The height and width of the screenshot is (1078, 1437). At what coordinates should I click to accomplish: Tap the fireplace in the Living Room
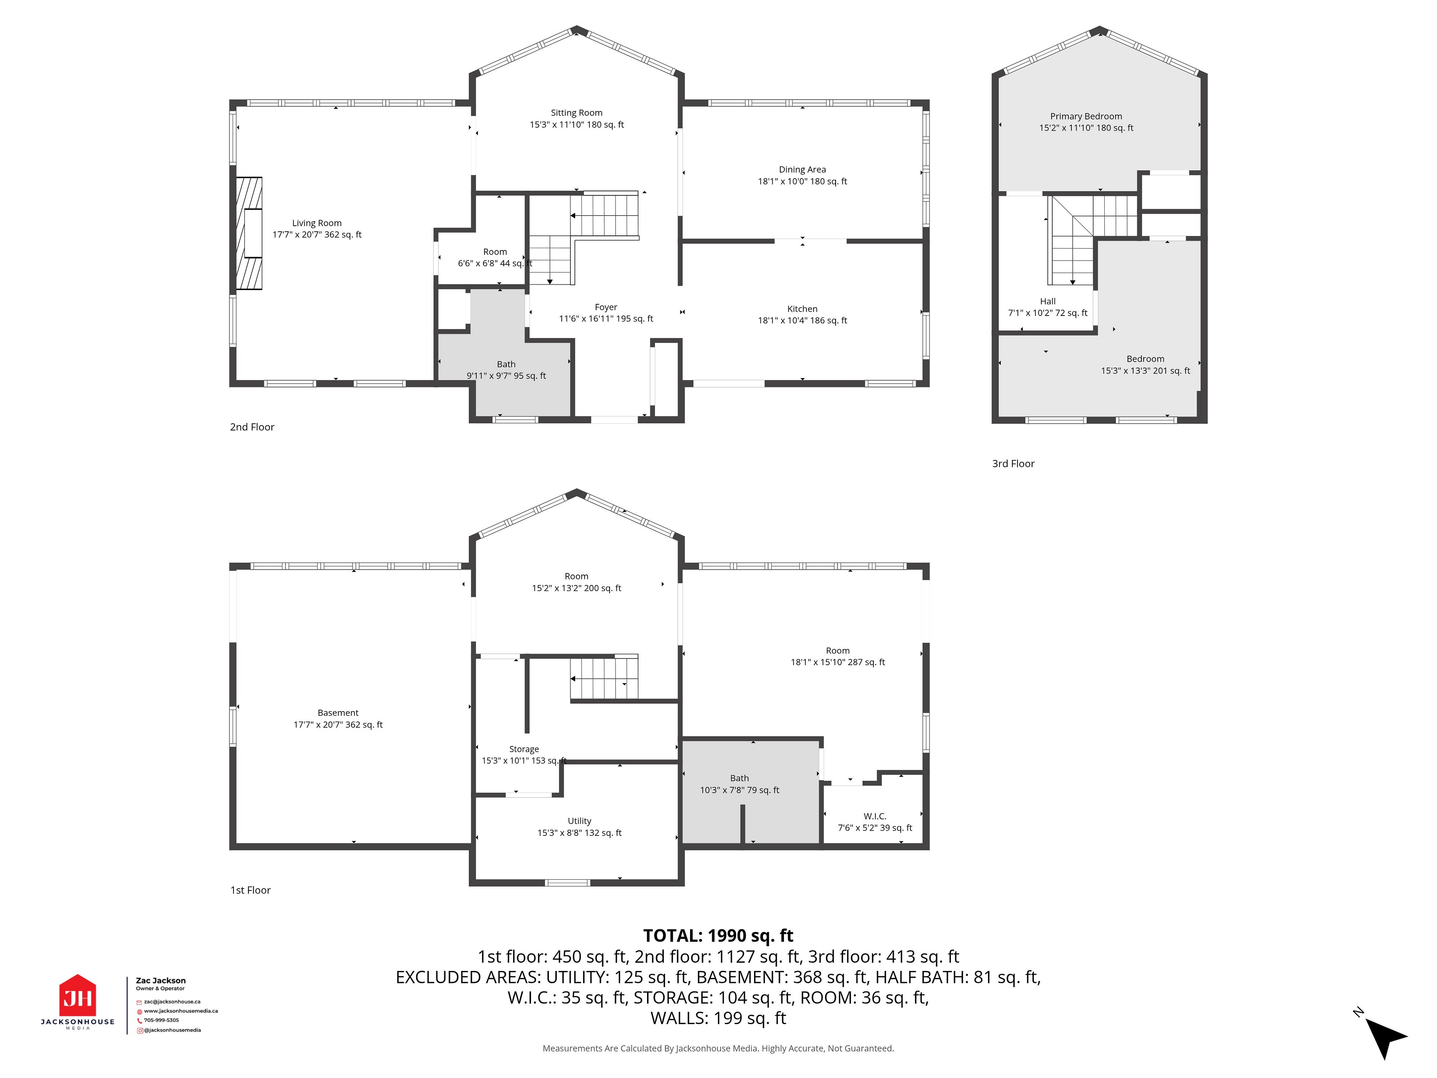[249, 233]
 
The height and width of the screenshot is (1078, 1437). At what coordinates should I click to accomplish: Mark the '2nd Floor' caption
[252, 427]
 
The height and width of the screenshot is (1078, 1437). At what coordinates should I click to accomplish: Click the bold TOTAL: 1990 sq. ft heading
[718, 936]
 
